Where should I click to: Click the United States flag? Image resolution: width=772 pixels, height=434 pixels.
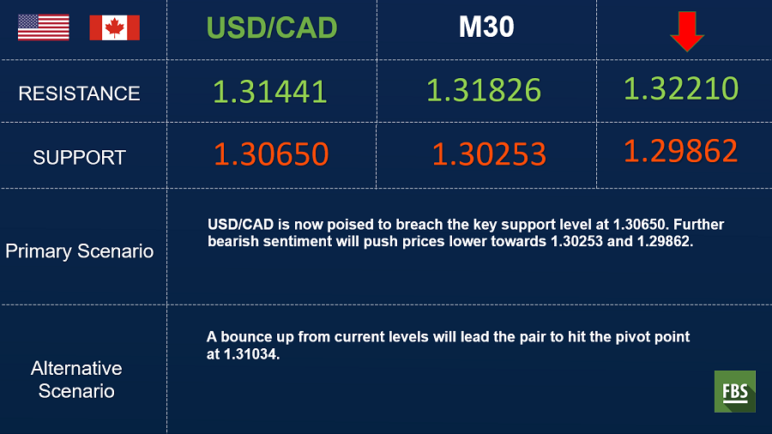(44, 27)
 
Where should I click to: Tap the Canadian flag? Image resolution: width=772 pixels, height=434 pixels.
(115, 27)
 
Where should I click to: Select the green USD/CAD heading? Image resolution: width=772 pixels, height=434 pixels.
(272, 27)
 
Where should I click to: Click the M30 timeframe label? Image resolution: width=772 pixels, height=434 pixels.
(486, 27)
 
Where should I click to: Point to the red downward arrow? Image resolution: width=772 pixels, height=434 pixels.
(687, 32)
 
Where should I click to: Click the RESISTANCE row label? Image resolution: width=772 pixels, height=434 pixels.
(79, 93)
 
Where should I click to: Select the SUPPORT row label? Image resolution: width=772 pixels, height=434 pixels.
(79, 158)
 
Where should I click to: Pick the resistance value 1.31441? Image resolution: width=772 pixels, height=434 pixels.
(270, 92)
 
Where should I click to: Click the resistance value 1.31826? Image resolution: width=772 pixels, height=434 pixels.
(484, 90)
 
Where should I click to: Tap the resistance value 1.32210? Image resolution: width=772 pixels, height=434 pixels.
(681, 88)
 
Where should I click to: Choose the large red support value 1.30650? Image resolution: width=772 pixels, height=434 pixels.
(271, 154)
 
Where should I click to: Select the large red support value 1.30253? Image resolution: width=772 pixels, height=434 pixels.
(489, 154)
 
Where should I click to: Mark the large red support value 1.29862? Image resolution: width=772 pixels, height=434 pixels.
(681, 151)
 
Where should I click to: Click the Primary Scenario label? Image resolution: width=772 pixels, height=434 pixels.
(79, 251)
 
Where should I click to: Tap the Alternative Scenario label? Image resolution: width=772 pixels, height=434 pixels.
(76, 380)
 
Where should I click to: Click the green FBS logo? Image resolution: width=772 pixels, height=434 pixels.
(734, 391)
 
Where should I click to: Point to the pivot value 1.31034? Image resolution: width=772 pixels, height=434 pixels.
(250, 354)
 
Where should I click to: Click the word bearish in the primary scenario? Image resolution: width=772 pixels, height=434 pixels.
(232, 242)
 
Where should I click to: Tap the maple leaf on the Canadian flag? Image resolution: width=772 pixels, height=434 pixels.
(115, 27)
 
